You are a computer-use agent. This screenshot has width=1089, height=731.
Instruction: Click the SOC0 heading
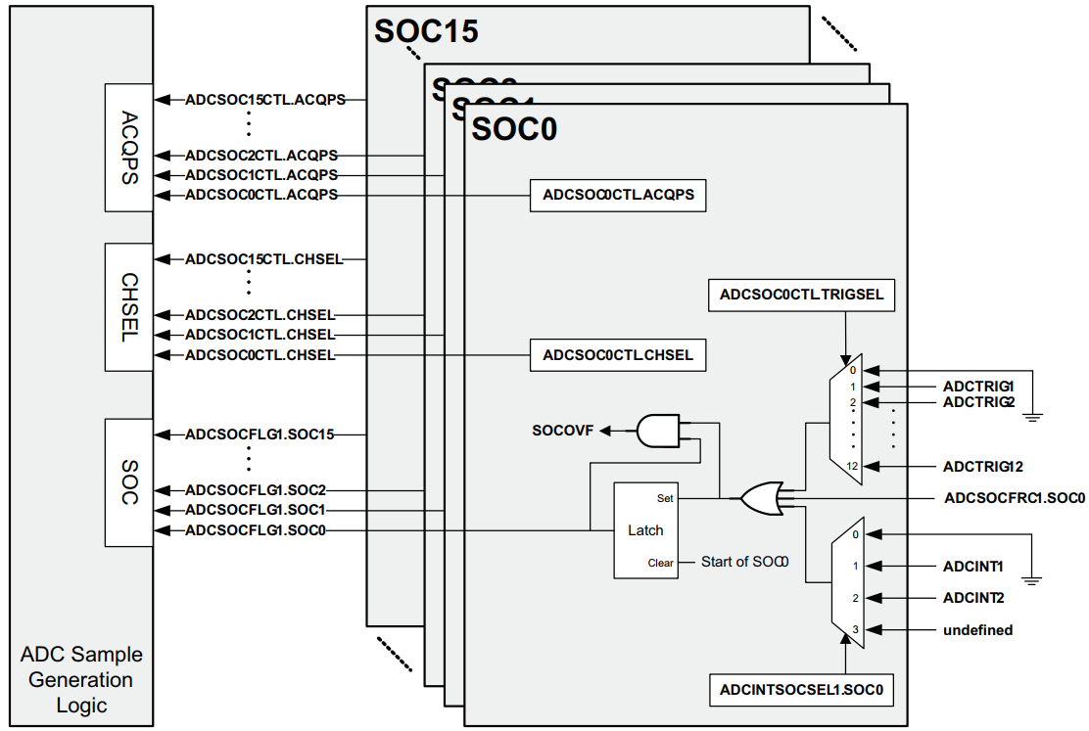(x=514, y=128)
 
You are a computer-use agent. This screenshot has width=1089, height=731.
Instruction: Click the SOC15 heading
(x=426, y=31)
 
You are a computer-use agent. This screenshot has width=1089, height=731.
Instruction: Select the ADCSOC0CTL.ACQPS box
(x=618, y=195)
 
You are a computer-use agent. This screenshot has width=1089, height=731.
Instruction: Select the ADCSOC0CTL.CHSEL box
(x=618, y=354)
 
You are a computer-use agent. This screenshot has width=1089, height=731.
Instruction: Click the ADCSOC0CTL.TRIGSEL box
(x=802, y=294)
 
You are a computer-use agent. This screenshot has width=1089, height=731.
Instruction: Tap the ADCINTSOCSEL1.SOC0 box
(x=801, y=689)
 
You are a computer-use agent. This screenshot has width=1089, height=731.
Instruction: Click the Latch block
(x=645, y=530)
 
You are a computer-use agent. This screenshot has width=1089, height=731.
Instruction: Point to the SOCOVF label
(x=563, y=430)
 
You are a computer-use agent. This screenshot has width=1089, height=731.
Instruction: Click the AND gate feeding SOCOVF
(x=658, y=430)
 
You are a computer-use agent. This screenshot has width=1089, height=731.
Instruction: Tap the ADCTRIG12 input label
(x=983, y=466)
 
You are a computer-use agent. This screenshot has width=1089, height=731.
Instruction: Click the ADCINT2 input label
(x=973, y=597)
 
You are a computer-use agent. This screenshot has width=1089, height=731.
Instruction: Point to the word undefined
(x=978, y=630)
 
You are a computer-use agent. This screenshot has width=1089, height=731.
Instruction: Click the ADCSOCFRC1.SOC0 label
(x=1015, y=498)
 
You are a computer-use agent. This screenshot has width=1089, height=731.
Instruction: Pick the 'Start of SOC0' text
(x=745, y=562)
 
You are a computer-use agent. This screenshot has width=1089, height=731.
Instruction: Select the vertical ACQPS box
(x=129, y=147)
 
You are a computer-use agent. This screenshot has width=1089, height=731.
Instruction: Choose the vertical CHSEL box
(x=129, y=306)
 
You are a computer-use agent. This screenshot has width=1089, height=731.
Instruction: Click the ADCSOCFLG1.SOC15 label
(x=260, y=434)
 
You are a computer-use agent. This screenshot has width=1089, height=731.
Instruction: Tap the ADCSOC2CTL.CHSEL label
(x=260, y=315)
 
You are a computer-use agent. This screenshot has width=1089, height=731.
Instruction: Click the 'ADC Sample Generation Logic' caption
(x=82, y=679)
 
